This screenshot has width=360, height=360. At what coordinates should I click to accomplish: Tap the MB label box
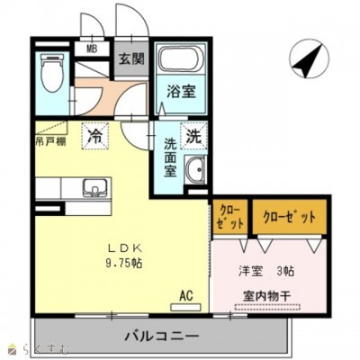pos(91,49)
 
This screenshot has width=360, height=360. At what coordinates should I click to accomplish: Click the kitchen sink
pos(93,188)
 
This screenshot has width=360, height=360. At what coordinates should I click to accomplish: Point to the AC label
pos(186,293)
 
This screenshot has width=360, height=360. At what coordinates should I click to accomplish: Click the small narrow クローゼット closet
pos(225,217)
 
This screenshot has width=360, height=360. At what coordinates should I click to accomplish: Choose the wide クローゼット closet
pos(289,217)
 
